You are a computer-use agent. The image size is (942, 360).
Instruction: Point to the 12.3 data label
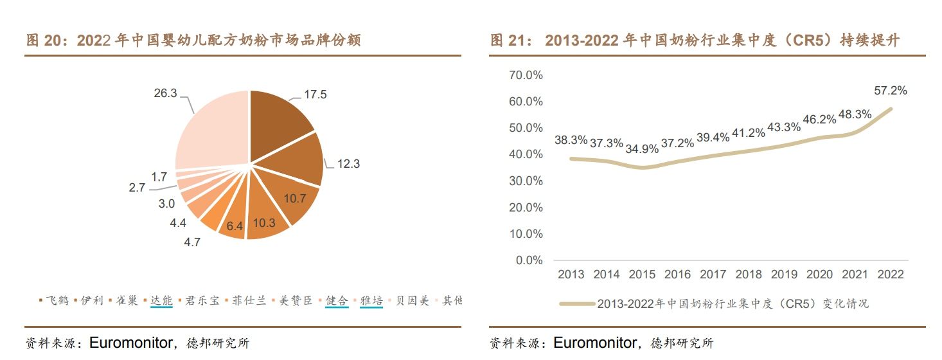348,164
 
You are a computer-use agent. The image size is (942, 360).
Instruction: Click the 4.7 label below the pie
193,242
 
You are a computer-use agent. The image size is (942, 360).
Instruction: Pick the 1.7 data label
159,177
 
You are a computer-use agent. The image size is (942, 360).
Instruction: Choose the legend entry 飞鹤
57,300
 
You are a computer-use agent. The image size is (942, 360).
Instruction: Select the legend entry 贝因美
412,300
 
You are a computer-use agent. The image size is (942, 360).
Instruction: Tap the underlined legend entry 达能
161,300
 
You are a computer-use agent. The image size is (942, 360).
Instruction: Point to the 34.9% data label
642,149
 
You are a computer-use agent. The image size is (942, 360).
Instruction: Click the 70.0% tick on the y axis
525,75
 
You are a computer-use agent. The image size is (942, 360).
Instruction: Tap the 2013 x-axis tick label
571,274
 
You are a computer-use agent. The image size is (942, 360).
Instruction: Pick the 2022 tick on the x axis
890,274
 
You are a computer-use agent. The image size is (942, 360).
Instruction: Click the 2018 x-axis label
748,274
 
